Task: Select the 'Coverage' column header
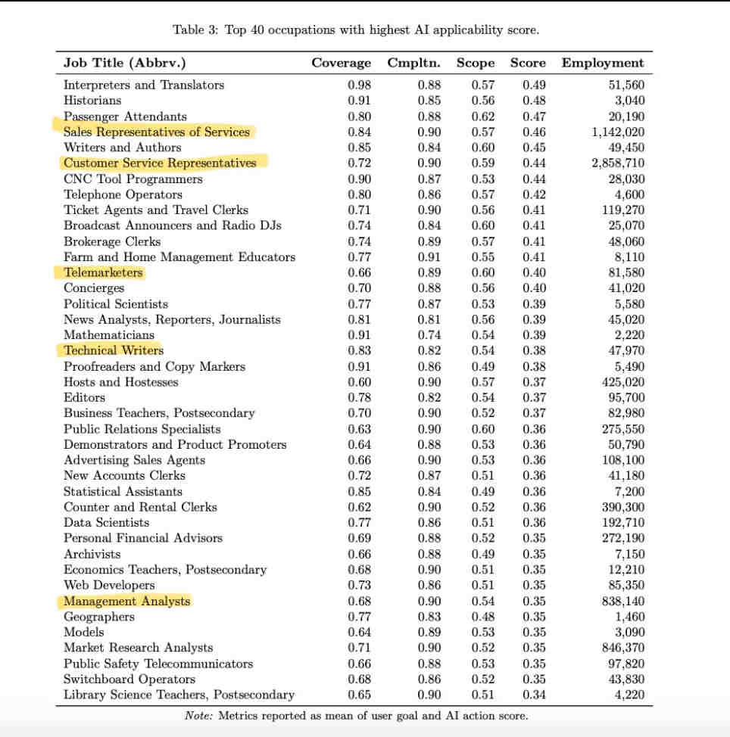click(341, 63)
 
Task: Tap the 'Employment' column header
click(602, 63)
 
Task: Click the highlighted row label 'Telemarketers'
click(103, 272)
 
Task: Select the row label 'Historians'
click(92, 100)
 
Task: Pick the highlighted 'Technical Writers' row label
click(114, 350)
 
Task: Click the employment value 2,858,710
click(614, 163)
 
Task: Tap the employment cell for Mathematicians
click(629, 335)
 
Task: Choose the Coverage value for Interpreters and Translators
click(359, 85)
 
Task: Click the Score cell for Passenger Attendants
click(534, 117)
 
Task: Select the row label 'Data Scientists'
click(106, 523)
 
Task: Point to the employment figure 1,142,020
click(614, 132)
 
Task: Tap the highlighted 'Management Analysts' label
click(127, 602)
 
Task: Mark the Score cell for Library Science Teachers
click(534, 695)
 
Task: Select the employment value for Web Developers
click(625, 586)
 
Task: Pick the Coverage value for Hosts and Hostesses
click(359, 382)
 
